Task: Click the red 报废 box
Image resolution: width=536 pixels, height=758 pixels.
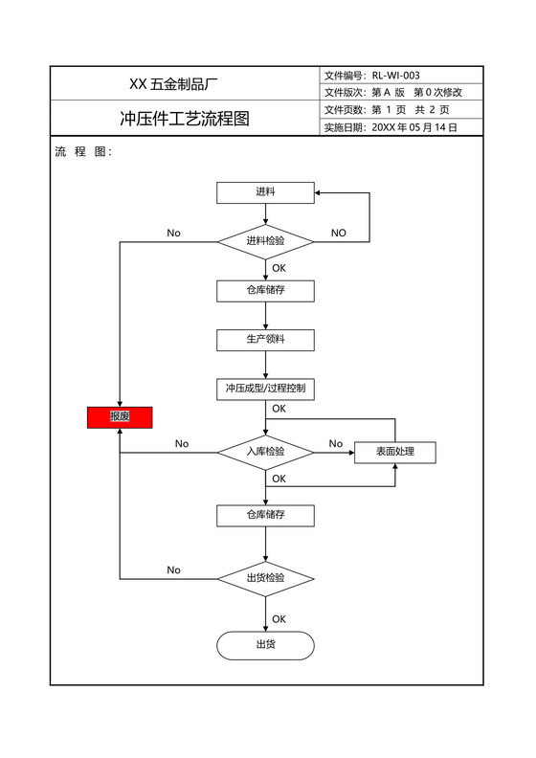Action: pos(120,416)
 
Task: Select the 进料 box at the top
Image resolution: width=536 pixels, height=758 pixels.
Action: pos(265,192)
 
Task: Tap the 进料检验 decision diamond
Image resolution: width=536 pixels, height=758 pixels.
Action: pos(265,241)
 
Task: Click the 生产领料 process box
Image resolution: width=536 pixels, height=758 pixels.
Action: pos(265,339)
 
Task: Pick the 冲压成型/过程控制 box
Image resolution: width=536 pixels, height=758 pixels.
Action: pos(265,389)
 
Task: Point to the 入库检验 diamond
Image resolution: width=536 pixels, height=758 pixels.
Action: pos(265,451)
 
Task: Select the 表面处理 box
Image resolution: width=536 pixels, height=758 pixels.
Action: pos(394,452)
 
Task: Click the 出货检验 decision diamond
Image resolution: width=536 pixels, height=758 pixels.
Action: pos(265,578)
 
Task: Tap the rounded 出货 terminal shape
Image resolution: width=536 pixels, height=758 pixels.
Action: pos(265,644)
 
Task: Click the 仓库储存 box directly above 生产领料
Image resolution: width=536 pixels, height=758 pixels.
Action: pos(265,289)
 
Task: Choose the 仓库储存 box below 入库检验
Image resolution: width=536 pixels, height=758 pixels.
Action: pos(265,515)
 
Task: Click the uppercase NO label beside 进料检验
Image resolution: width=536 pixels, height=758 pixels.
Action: pos(338,233)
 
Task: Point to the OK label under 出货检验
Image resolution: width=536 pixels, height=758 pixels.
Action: pos(279,619)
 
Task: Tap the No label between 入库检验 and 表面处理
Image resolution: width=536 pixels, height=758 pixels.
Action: pos(335,443)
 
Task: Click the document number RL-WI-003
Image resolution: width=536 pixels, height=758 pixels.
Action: pos(395,76)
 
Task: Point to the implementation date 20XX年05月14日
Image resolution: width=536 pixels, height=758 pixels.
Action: pos(413,127)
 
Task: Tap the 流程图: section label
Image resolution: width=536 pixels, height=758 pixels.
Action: pos(84,151)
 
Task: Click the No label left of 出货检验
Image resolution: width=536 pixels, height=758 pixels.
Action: pos(173,569)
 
